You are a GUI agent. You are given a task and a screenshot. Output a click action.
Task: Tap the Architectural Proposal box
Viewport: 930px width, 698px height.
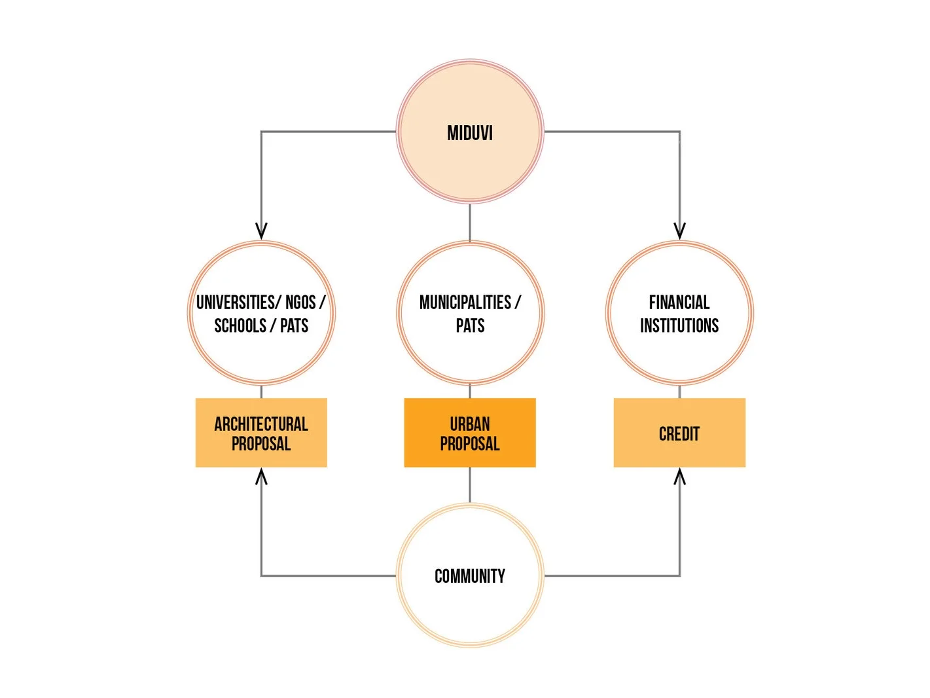click(261, 433)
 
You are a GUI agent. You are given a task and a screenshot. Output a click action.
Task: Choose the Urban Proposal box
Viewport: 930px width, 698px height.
click(470, 433)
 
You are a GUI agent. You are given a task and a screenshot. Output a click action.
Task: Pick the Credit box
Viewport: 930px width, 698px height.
click(679, 433)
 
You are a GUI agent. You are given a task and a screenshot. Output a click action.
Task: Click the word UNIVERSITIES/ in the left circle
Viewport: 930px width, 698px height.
click(238, 303)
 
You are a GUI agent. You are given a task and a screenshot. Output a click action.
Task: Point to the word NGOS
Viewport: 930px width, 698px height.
click(300, 303)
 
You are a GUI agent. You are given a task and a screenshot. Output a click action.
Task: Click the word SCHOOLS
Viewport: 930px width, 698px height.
click(240, 325)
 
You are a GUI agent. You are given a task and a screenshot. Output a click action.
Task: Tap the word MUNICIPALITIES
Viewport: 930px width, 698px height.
click(465, 303)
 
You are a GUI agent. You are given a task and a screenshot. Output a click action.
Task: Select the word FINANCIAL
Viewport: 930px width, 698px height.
click(679, 303)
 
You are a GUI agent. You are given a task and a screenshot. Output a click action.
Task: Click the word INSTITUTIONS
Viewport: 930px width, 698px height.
click(679, 325)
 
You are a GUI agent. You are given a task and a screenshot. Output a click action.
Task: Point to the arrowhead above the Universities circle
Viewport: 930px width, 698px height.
click(261, 231)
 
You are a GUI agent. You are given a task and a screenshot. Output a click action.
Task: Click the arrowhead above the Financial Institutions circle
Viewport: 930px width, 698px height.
click(679, 231)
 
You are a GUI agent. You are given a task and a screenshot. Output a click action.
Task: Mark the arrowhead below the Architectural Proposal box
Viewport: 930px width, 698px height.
click(261, 477)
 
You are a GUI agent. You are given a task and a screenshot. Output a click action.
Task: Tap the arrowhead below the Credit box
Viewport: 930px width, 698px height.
click(679, 477)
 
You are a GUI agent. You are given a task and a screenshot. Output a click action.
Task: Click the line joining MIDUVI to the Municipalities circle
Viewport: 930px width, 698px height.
click(470, 223)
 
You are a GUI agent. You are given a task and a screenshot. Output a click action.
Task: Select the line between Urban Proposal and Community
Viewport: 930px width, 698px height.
click(470, 485)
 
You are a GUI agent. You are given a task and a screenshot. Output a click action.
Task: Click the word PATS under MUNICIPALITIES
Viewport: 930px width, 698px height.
click(470, 325)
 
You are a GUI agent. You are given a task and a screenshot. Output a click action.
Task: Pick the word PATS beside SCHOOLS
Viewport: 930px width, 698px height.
click(294, 325)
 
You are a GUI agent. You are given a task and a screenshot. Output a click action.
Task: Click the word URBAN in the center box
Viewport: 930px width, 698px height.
click(470, 424)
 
